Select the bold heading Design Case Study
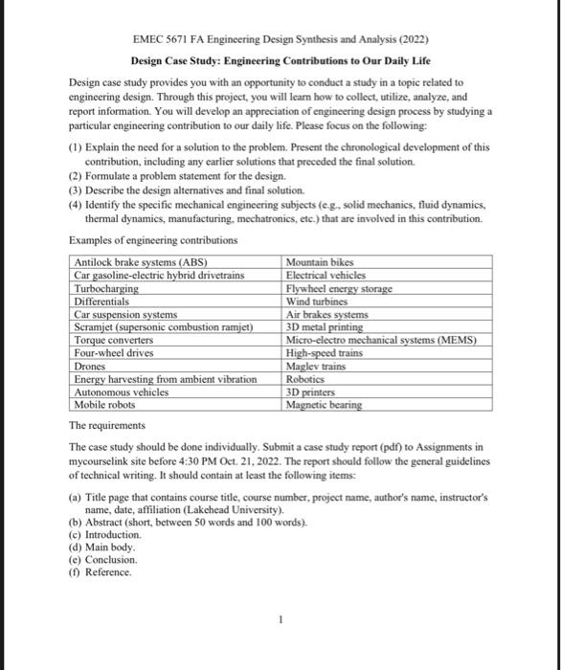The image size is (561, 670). click(182, 61)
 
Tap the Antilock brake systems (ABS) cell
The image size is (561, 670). click(141, 263)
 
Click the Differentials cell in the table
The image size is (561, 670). click(101, 301)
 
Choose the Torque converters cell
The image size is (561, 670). click(114, 340)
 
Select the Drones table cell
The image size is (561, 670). click(90, 366)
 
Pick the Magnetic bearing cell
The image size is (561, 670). click(325, 404)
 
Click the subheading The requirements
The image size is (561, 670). click(108, 425)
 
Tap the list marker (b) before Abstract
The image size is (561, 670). click(76, 524)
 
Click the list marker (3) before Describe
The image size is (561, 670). click(77, 190)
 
